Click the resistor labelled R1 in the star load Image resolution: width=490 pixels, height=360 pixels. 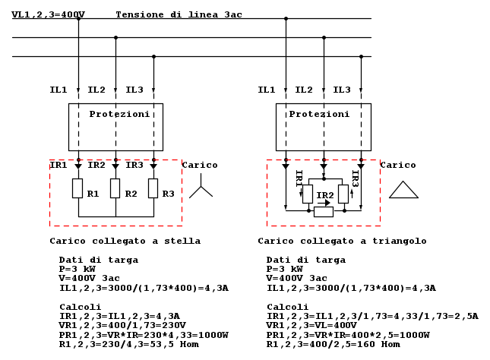pos(77,188)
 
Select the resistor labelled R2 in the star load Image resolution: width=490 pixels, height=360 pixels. pos(115,188)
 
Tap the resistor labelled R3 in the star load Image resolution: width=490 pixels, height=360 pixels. pos(153,188)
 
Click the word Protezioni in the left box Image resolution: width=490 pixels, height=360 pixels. pos(119,114)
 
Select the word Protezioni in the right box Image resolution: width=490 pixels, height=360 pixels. pos(319,114)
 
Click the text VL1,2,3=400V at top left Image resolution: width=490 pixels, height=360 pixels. pos(48,14)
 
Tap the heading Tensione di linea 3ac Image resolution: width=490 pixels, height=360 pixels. pos(179,14)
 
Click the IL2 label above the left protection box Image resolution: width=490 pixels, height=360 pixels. pos(96,90)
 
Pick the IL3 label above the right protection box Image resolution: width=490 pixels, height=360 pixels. pos(342,90)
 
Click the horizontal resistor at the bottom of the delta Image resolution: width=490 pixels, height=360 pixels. pos(324,212)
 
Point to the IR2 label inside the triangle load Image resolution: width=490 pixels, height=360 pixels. pos(325,195)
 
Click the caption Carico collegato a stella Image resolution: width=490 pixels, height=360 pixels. pos(125,242)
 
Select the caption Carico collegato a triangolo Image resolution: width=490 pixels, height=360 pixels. pos(342,242)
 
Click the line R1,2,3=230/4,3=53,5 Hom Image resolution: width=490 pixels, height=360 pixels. pos(128,344)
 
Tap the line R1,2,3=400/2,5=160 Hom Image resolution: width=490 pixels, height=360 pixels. pos(334,344)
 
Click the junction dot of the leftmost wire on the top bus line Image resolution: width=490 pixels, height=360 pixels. pos(78,19)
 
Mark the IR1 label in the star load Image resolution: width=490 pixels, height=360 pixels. pos(58,165)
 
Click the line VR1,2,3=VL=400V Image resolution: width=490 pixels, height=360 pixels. pos(311,325)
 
